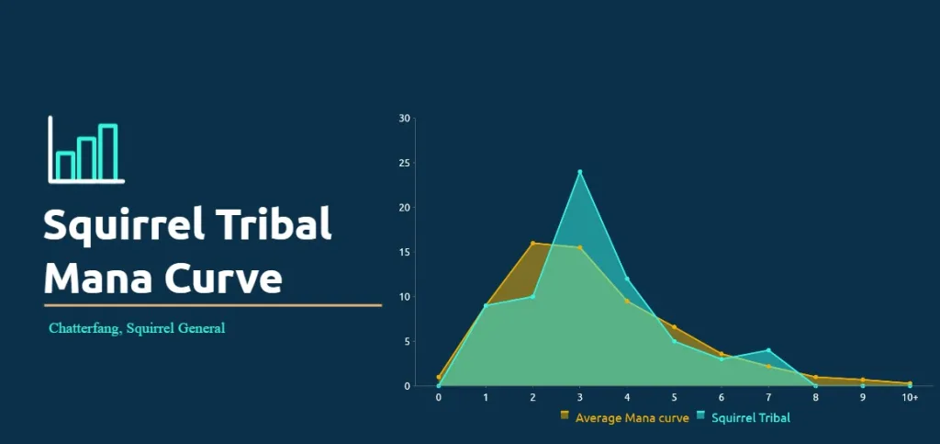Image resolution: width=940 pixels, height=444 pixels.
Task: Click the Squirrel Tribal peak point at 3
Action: click(580, 172)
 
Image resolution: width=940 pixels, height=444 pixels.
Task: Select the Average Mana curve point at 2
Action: click(532, 243)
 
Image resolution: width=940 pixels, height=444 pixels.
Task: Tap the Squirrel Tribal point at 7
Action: click(768, 350)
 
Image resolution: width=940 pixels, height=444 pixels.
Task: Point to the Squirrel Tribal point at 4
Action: click(627, 279)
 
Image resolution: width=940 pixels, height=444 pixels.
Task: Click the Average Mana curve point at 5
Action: click(675, 327)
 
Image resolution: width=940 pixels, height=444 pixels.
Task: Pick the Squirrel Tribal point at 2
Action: click(532, 296)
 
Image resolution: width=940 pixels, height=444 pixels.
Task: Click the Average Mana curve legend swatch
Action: click(565, 416)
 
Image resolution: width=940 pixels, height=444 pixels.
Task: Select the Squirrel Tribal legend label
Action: click(751, 417)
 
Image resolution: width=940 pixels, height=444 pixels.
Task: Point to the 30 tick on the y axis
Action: click(404, 119)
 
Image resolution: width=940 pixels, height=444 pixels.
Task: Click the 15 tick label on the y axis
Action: click(404, 253)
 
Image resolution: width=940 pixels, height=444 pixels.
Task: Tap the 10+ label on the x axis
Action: click(910, 398)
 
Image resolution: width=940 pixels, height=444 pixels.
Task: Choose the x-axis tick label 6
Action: click(722, 398)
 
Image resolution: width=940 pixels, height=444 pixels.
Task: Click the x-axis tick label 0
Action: click(438, 398)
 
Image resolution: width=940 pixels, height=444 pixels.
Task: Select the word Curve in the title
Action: click(224, 279)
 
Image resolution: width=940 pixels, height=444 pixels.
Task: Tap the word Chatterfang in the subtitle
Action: click(85, 328)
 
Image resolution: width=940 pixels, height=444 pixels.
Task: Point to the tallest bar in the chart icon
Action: click(108, 153)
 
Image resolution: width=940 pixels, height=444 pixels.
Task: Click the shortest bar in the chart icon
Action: click(65, 166)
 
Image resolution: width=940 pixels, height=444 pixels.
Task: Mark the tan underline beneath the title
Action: click(213, 305)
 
